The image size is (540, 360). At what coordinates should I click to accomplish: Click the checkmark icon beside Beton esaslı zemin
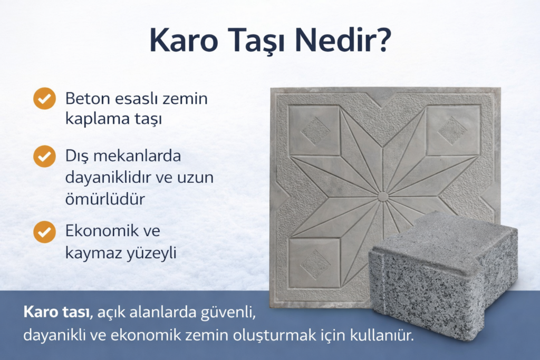click(44, 99)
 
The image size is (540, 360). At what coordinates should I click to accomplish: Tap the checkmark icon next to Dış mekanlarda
click(44, 157)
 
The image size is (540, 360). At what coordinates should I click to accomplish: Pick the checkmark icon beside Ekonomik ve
click(44, 232)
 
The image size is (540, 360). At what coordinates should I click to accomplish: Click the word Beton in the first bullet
click(84, 99)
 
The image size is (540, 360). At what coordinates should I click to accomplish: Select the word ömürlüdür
click(105, 199)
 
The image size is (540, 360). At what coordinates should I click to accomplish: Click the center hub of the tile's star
click(383, 197)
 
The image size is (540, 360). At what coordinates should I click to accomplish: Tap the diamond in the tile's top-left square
click(315, 130)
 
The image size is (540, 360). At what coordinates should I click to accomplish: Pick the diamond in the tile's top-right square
click(452, 130)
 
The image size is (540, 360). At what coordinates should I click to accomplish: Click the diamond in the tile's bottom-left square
click(315, 264)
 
